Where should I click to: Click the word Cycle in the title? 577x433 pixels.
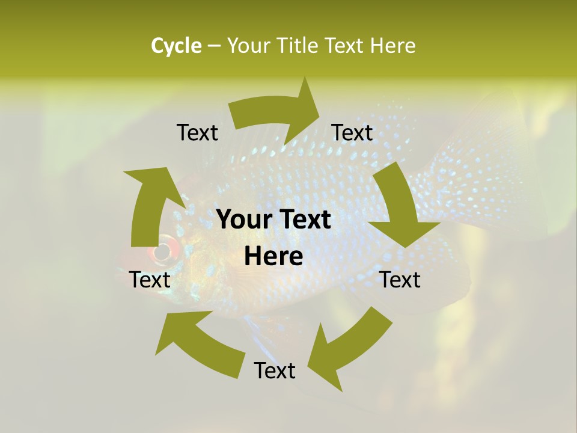(176, 46)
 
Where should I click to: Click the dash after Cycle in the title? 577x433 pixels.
(213, 46)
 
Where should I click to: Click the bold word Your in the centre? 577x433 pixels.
(243, 220)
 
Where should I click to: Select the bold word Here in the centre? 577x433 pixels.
(273, 257)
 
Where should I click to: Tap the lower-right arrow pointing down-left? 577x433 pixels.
(349, 349)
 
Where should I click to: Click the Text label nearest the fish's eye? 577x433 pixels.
(150, 280)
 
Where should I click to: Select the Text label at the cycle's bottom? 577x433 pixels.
(275, 370)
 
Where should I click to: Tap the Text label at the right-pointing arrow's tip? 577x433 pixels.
(352, 132)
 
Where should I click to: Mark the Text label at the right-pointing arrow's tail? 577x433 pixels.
(197, 132)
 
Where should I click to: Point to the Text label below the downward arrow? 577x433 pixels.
(400, 280)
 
